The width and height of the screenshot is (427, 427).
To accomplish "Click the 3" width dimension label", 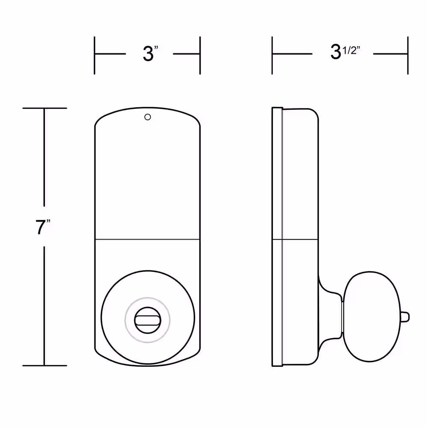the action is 150,53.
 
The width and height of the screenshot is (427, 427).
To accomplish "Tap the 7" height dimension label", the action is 43,227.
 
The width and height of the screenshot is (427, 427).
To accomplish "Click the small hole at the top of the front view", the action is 148,117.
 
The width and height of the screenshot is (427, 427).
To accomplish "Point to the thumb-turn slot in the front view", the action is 148,321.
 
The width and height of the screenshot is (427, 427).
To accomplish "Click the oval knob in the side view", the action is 371,317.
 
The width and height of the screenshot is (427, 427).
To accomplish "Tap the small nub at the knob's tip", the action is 405,317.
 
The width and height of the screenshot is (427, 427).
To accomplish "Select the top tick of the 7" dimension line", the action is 45,108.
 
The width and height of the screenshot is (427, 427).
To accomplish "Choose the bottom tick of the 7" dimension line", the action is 45,366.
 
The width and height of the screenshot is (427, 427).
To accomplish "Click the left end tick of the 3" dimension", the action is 94,55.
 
